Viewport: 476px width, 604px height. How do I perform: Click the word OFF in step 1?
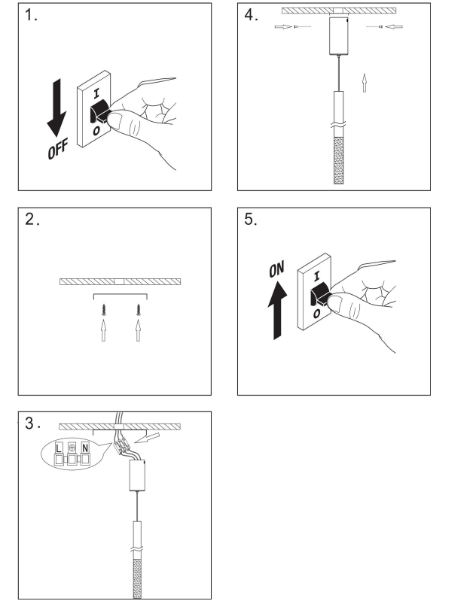pyautogui.click(x=58, y=148)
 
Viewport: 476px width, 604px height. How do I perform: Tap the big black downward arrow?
pyautogui.click(x=56, y=108)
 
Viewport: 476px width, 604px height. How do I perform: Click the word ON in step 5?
pyautogui.click(x=276, y=269)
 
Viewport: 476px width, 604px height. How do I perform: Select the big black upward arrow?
pyautogui.click(x=277, y=311)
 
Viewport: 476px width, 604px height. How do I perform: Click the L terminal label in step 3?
pyautogui.click(x=59, y=448)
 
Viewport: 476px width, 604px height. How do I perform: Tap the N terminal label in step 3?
pyautogui.click(x=85, y=448)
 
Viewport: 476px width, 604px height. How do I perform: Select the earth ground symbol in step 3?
pyautogui.click(x=72, y=448)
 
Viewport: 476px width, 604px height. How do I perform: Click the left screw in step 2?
pyautogui.click(x=103, y=309)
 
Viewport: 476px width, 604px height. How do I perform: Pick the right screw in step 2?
pyautogui.click(x=138, y=309)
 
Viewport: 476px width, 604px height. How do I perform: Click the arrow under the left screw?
pyautogui.click(x=103, y=329)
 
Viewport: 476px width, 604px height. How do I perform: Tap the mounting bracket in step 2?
pyautogui.click(x=121, y=295)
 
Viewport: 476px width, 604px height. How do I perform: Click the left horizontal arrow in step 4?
pyautogui.click(x=283, y=26)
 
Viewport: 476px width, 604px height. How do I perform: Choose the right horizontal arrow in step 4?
pyautogui.click(x=394, y=26)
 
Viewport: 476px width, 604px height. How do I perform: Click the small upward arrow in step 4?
pyautogui.click(x=364, y=83)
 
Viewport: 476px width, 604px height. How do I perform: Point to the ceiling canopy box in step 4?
pyautogui.click(x=339, y=35)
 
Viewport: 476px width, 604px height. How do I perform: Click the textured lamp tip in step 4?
pyautogui.click(x=339, y=160)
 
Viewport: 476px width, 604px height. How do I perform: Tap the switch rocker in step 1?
pyautogui.click(x=100, y=111)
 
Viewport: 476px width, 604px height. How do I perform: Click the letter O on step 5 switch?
pyautogui.click(x=316, y=314)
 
